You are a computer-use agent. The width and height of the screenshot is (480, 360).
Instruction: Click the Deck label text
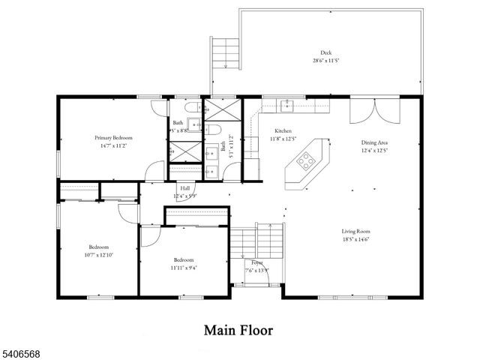click(325, 52)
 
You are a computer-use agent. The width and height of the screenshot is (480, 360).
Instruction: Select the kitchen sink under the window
click(287, 106)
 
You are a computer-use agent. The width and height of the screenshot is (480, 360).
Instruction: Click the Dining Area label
click(373, 142)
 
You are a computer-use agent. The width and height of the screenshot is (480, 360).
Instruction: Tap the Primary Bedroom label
click(113, 138)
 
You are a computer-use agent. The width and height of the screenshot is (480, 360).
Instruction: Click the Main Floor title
click(239, 329)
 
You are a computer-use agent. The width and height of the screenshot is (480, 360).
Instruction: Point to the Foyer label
click(256, 262)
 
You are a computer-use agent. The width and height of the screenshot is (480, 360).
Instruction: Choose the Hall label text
click(184, 188)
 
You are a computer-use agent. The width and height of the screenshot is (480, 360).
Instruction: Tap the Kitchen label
click(282, 130)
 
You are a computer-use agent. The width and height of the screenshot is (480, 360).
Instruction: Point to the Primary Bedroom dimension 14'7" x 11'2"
click(113, 145)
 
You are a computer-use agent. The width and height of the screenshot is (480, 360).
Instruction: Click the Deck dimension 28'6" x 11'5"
click(325, 60)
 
